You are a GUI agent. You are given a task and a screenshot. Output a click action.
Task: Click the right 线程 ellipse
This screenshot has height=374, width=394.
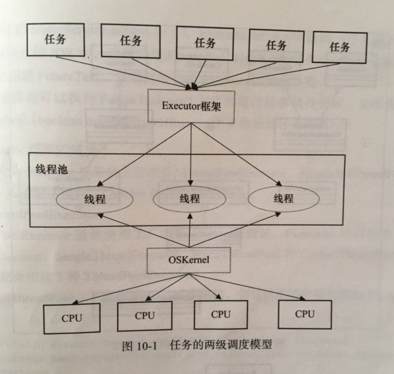[x=283, y=199]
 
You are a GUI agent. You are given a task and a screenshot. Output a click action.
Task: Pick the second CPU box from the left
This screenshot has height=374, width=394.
[x=145, y=316]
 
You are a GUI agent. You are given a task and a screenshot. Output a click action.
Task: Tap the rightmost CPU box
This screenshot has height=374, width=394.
[x=305, y=314]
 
